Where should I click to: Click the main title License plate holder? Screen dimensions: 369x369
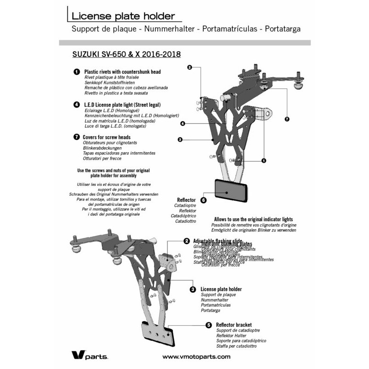coord(123,16)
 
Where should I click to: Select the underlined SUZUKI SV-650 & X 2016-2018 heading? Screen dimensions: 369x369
coord(126,54)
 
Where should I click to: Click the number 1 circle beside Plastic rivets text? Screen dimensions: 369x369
coord(76,72)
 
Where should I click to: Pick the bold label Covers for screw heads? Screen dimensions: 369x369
coord(107,137)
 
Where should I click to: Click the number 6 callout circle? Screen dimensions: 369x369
coord(203,200)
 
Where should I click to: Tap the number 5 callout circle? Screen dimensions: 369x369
coord(208,325)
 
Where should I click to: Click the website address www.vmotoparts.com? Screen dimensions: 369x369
coord(196,357)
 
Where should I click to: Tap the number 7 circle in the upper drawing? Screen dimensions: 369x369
coord(286,119)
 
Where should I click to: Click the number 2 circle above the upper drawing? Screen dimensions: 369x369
coord(190,67)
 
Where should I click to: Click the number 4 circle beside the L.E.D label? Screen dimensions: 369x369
coord(76,105)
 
